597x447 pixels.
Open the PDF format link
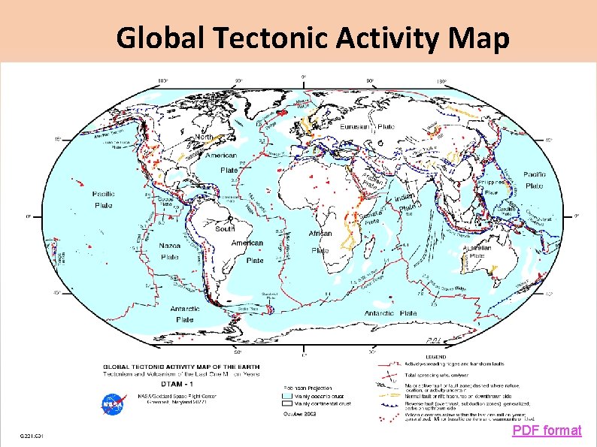547,430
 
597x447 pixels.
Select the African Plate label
320,241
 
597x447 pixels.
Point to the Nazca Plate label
169,251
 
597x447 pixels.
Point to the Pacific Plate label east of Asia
535,180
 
